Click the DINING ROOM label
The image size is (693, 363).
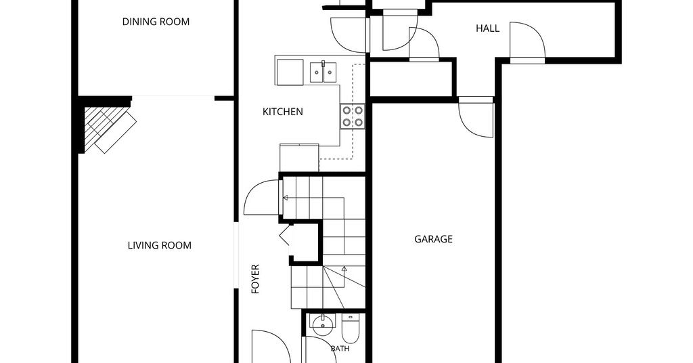[x=156, y=22]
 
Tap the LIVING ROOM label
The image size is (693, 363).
[x=160, y=245]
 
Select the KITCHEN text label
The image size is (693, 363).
[x=283, y=112]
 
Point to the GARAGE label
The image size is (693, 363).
[x=433, y=239]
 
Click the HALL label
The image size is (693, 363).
[x=487, y=28]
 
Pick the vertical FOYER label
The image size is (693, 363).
[x=255, y=280]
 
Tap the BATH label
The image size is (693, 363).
[x=340, y=349]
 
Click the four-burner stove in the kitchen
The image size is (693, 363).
[x=353, y=116]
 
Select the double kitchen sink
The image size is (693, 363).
[x=323, y=72]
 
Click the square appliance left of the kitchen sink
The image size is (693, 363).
[x=290, y=72]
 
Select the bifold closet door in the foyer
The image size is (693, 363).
[x=285, y=234]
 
